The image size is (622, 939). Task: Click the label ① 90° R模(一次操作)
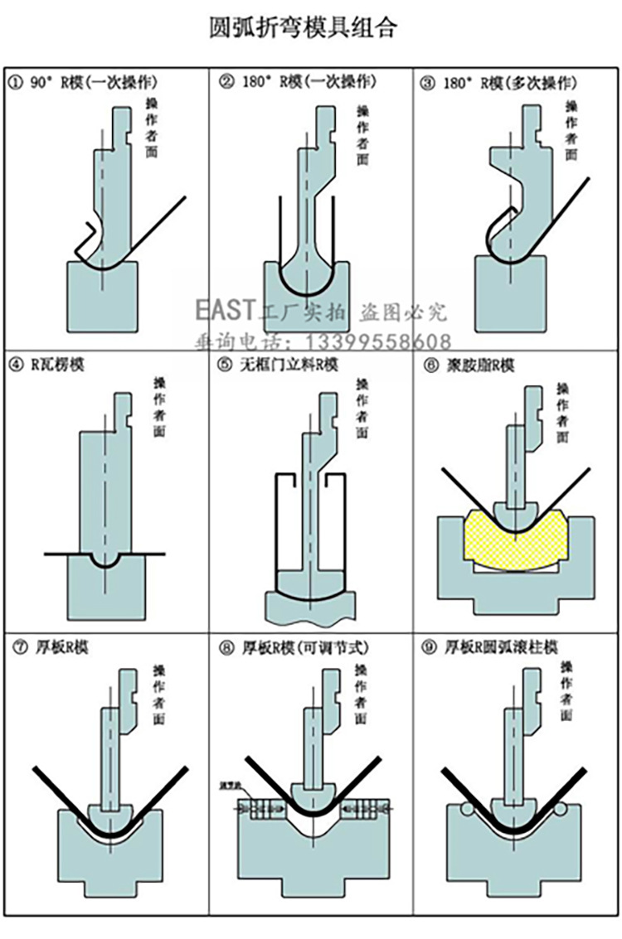pos(83,82)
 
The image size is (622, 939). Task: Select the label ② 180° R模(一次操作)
pos(298,82)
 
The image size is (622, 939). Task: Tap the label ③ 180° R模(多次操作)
pos(499,82)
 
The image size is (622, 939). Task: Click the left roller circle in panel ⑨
pos(468,808)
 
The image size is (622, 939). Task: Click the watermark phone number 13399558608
pos(380,341)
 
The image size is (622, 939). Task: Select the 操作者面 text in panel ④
pos(159,407)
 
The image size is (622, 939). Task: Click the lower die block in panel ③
pos(510,294)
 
